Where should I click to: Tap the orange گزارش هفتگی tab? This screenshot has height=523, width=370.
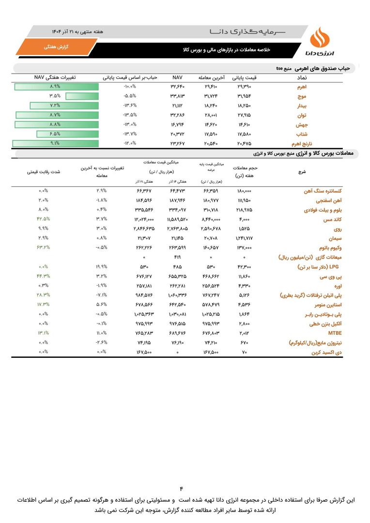(56, 47)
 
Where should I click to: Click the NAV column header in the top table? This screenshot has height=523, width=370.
(177, 77)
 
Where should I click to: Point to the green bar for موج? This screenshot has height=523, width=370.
(82, 96)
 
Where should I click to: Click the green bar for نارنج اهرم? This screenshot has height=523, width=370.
(55, 143)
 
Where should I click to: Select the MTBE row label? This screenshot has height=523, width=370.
(335, 333)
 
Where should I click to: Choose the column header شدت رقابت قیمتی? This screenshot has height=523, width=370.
(44, 172)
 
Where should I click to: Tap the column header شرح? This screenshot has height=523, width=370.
(303, 172)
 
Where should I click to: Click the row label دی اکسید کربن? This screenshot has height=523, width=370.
(324, 352)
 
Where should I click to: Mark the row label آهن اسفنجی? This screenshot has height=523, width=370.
(328, 200)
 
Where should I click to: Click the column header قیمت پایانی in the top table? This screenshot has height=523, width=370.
(245, 77)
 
